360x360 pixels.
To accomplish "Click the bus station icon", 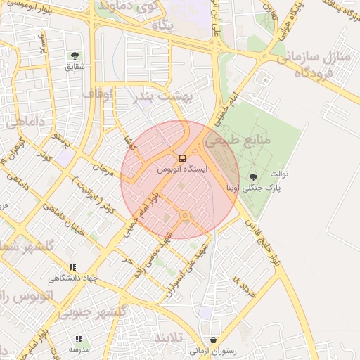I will [x=183, y=159].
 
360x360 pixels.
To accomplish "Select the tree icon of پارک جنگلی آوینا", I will [x=253, y=176].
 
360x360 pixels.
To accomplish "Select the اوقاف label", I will [x=98, y=92].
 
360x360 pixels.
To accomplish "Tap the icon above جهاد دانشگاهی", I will [x=72, y=267].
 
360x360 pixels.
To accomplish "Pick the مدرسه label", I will [x=79, y=349].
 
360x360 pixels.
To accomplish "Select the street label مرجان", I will [x=103, y=169].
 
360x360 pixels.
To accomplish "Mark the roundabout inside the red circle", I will [x=185, y=214].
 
